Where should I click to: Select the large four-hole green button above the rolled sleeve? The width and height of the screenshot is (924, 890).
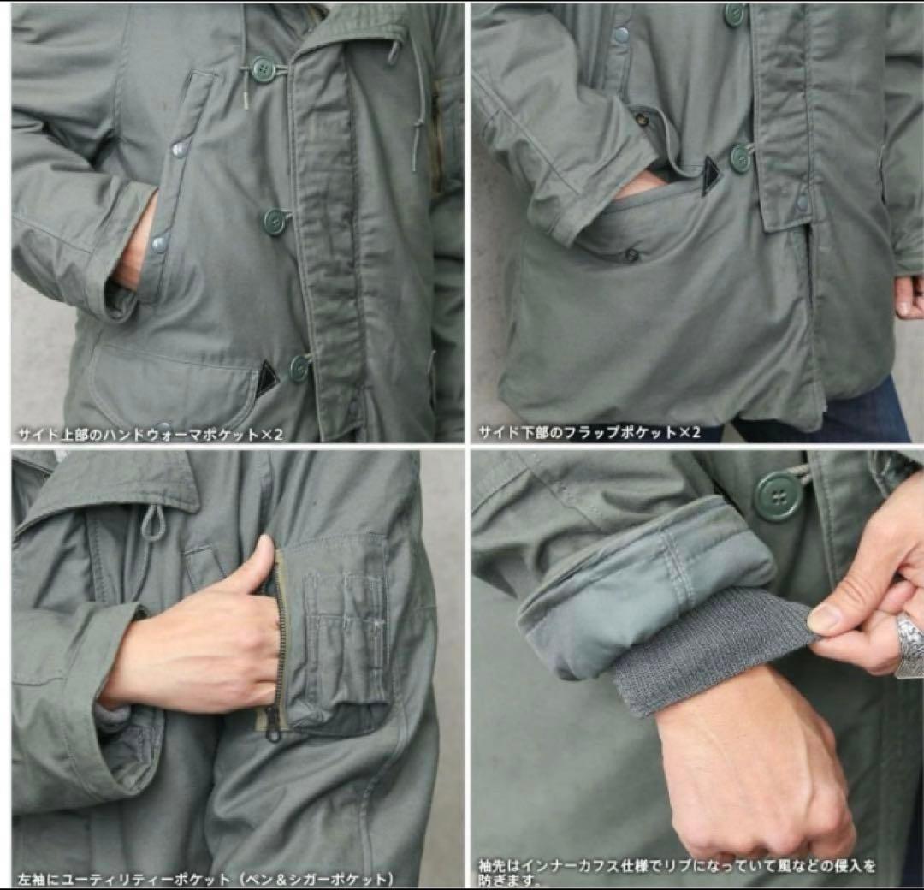click(779, 495)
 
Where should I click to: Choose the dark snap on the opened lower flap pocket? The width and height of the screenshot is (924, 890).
click(631, 254)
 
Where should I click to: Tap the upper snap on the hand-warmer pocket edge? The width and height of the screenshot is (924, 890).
click(179, 151)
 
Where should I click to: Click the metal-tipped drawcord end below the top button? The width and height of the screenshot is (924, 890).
click(245, 100)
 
